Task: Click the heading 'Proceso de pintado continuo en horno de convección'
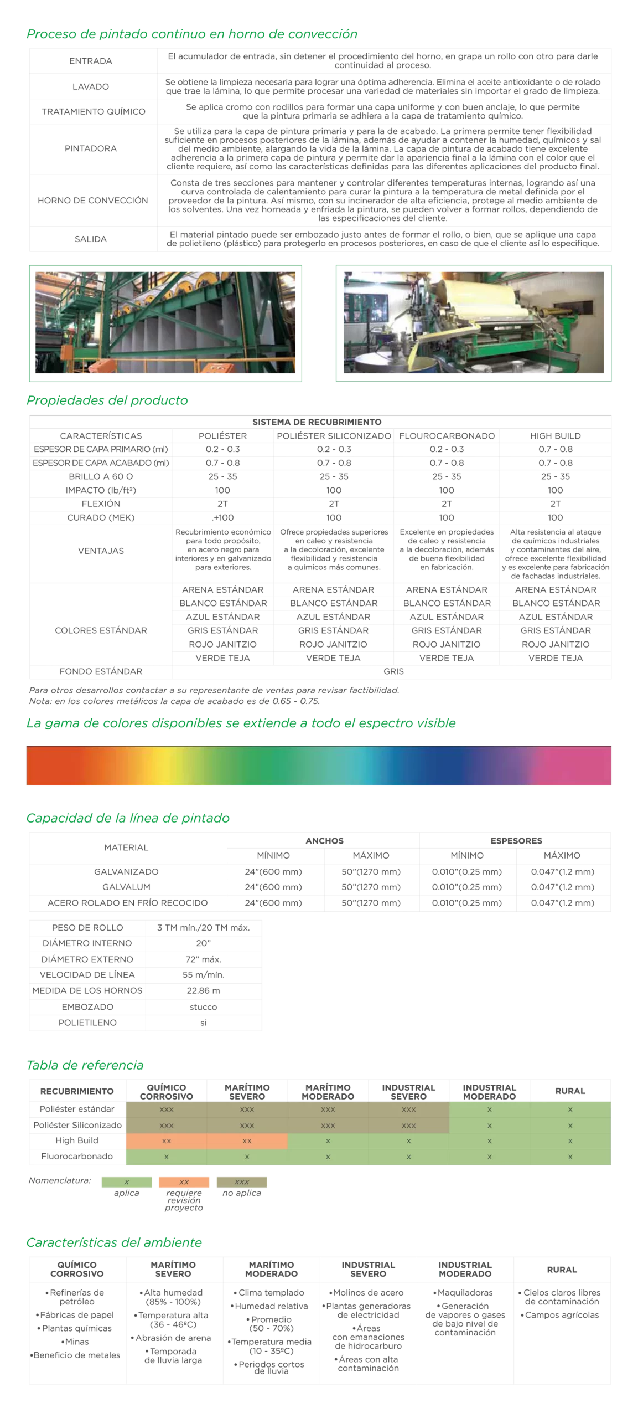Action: click(191, 34)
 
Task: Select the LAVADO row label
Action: click(91, 86)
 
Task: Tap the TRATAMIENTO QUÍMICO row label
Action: click(93, 111)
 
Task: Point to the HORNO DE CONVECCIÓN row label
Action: click(93, 200)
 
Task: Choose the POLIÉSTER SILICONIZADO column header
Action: click(334, 436)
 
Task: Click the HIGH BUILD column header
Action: click(555, 436)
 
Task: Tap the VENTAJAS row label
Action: click(101, 551)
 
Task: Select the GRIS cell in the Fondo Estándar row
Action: click(393, 671)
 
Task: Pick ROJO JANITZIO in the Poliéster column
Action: click(222, 644)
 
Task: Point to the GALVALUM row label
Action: click(126, 887)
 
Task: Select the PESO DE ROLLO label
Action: click(87, 928)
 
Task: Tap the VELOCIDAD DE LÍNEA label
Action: click(87, 975)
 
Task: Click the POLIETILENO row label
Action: click(87, 1023)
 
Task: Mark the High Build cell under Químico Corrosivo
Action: click(166, 1141)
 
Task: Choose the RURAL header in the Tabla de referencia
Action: click(570, 1091)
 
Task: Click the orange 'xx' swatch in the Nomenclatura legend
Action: click(184, 1182)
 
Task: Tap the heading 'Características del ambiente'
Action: click(114, 1242)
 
